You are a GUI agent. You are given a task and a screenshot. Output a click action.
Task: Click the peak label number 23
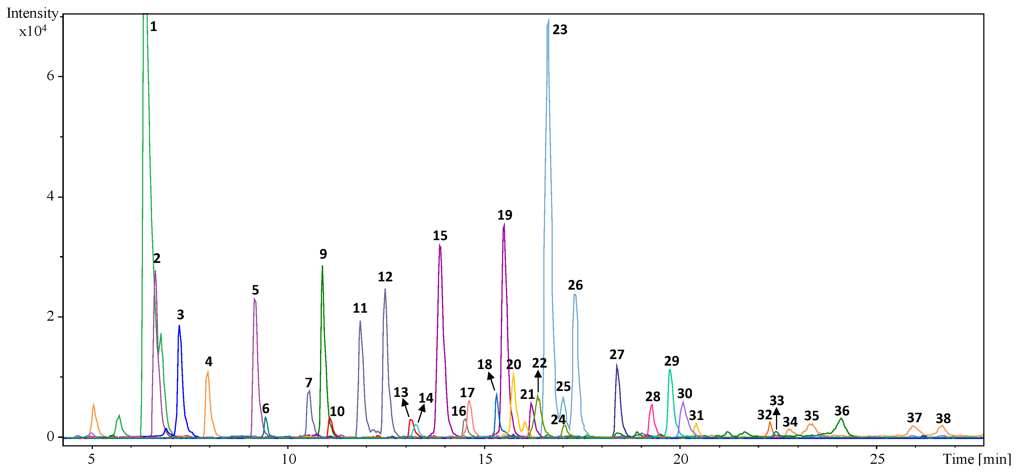pos(560,30)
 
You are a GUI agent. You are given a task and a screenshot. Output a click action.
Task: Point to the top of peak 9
pos(322,266)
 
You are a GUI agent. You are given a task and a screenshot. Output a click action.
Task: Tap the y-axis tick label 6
pos(50,76)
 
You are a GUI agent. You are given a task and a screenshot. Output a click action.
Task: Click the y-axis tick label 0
pos(50,436)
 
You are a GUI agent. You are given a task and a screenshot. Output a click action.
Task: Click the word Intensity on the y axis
pos(32,13)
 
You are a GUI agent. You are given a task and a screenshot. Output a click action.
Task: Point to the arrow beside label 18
pos(491,382)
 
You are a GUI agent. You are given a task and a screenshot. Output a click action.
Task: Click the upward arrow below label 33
pos(777,418)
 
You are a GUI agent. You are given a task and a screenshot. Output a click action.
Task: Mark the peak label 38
pos(943,418)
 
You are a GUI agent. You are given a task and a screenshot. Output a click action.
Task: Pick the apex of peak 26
pos(575,294)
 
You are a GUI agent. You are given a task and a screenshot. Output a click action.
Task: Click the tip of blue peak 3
pos(179,326)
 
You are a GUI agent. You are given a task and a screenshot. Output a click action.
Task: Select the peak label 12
pos(385,277)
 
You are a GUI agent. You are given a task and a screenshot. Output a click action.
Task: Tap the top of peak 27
pos(616,365)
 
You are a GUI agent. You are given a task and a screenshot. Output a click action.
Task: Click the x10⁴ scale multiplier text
pos(33,31)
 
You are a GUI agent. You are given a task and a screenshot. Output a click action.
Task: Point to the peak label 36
pos(841,411)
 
